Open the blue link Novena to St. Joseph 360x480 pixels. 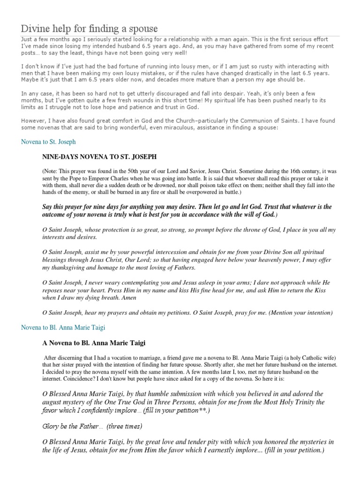point(48,141)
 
